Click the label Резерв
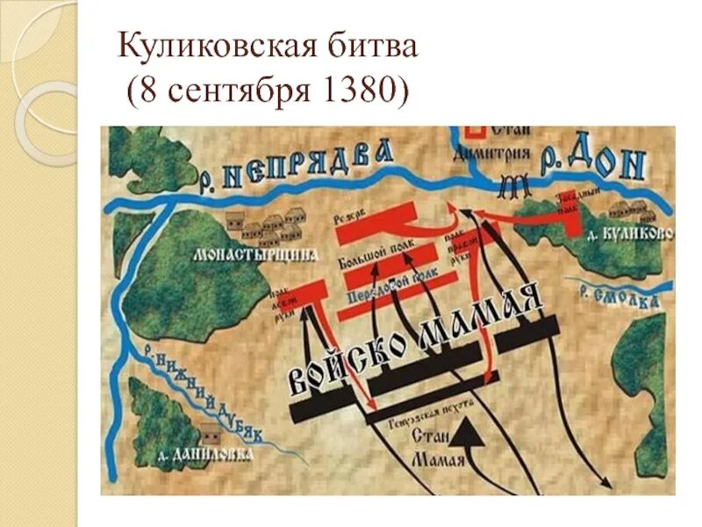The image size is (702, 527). (x=351, y=218)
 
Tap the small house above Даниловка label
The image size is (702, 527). (x=209, y=434)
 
